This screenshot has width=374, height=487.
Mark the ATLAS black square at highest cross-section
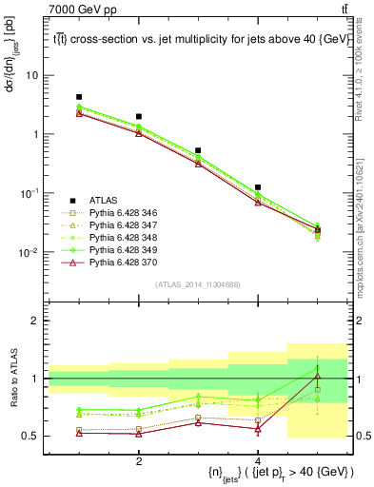79,97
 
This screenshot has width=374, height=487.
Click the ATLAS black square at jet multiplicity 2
139,116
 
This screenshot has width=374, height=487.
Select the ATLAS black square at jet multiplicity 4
258,187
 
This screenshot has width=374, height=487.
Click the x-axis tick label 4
258,461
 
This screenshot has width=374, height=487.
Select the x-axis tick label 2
139,461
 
